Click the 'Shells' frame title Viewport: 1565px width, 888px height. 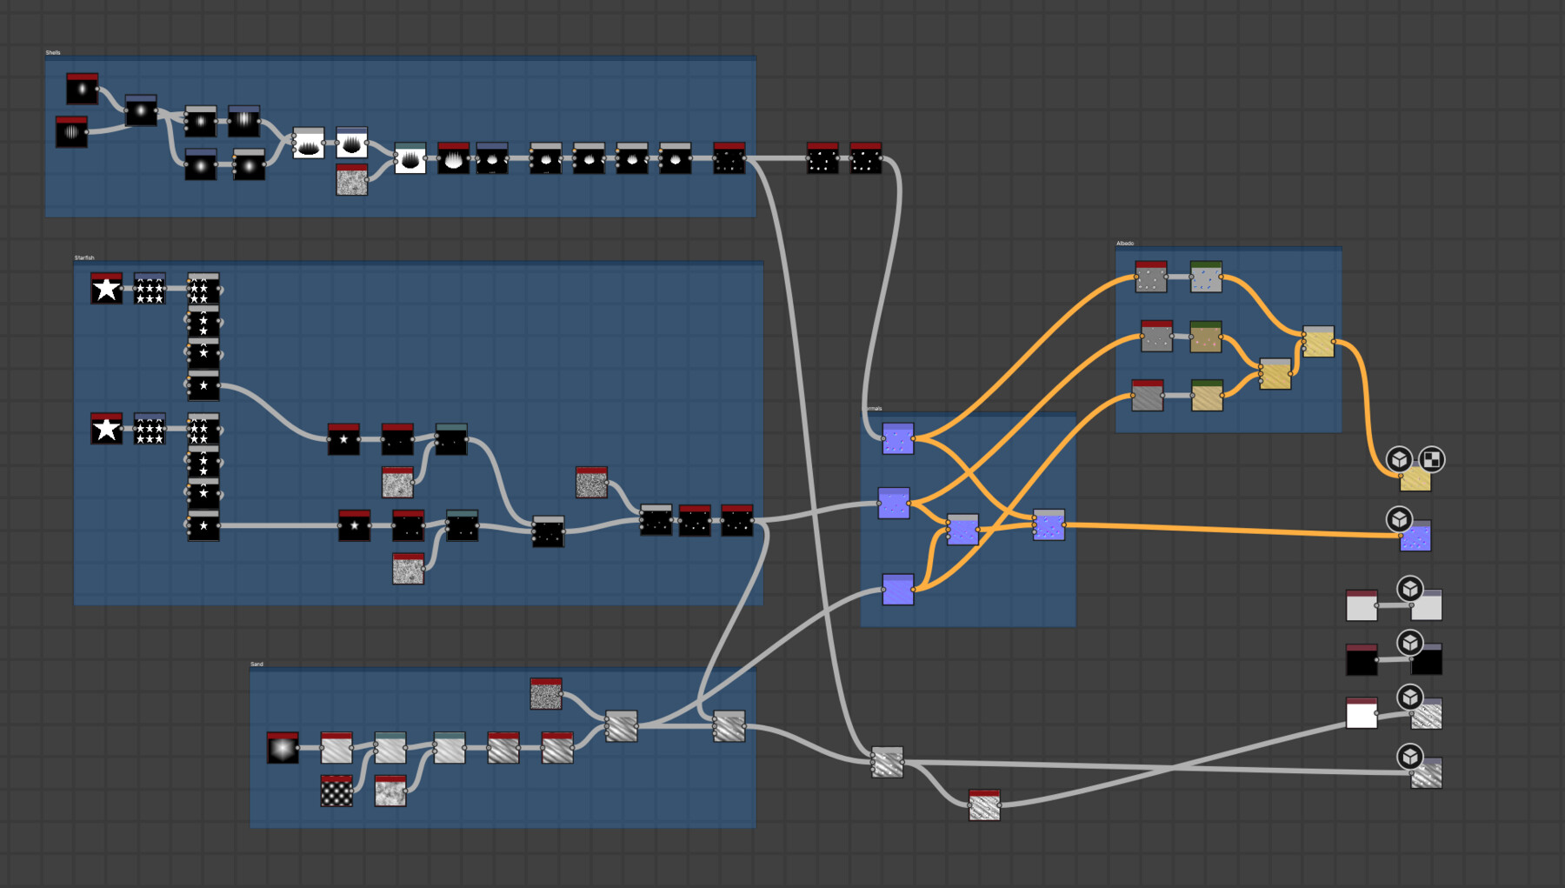tap(53, 53)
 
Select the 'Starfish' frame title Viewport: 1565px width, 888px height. tap(84, 258)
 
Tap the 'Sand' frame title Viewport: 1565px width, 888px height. tap(256, 664)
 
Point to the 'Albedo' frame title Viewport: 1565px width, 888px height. tap(1125, 244)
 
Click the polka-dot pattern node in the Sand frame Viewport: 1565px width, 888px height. tap(336, 791)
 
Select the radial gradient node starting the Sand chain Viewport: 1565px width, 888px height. tap(283, 748)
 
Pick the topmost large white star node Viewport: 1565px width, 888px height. tap(106, 289)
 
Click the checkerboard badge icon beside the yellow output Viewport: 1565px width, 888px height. tap(1431, 459)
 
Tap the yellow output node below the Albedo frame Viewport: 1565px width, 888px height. tap(1415, 479)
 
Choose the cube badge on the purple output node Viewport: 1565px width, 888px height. tap(1399, 519)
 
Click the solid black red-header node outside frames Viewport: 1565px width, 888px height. tap(1362, 661)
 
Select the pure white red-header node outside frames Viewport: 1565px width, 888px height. tap(1362, 713)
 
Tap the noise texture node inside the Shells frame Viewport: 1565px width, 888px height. tap(351, 180)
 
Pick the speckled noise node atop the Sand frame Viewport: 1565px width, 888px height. tap(546, 694)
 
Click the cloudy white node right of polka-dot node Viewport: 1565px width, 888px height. tap(390, 791)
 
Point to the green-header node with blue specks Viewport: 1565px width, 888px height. tap(1206, 277)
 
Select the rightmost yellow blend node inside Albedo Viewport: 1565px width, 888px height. tap(1318, 342)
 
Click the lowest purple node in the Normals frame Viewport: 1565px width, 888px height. tap(897, 590)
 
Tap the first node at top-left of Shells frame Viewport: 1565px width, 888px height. tap(83, 89)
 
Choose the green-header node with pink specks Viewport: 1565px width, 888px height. tap(1206, 337)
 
